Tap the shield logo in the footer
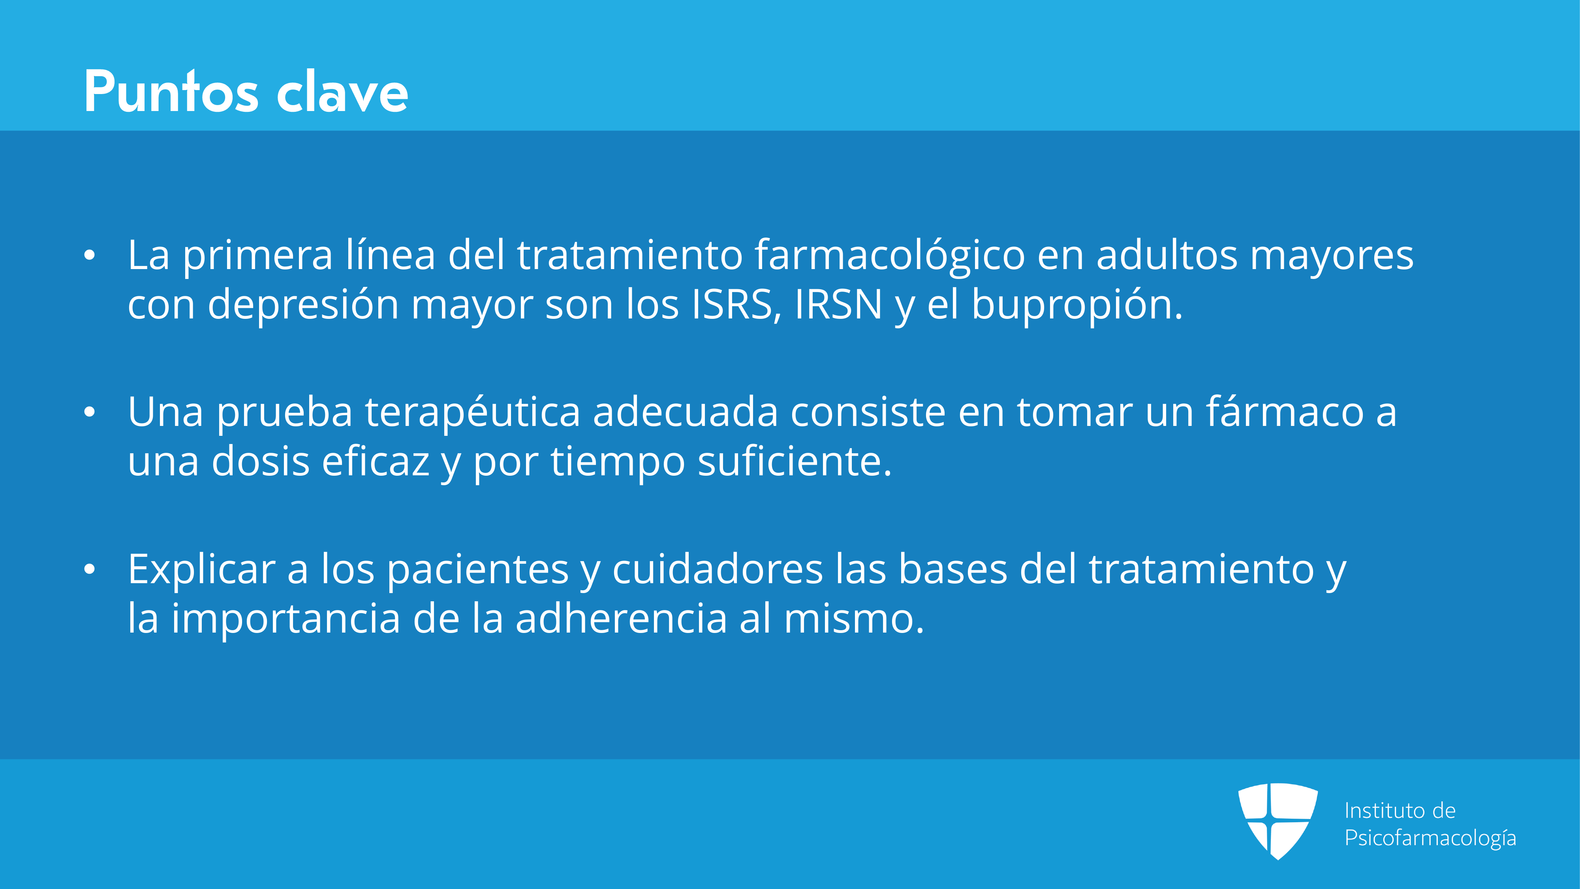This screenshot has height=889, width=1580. tap(1278, 821)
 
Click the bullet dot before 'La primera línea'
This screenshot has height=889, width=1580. tap(90, 256)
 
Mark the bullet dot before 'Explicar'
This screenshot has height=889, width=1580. tap(90, 569)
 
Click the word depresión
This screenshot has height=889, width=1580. tap(303, 305)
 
